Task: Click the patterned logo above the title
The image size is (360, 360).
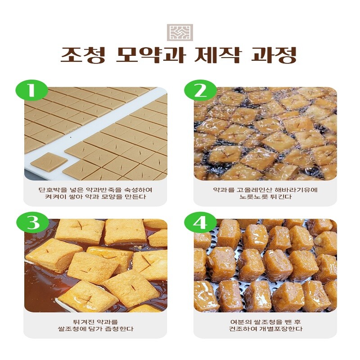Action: [x=180, y=32]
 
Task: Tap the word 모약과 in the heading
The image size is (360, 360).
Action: [x=150, y=55]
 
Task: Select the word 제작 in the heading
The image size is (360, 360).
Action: [x=217, y=55]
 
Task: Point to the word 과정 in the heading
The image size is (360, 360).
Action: [x=274, y=55]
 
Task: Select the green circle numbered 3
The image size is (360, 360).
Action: [x=32, y=222]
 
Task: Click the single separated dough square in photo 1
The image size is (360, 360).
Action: [x=49, y=162]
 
